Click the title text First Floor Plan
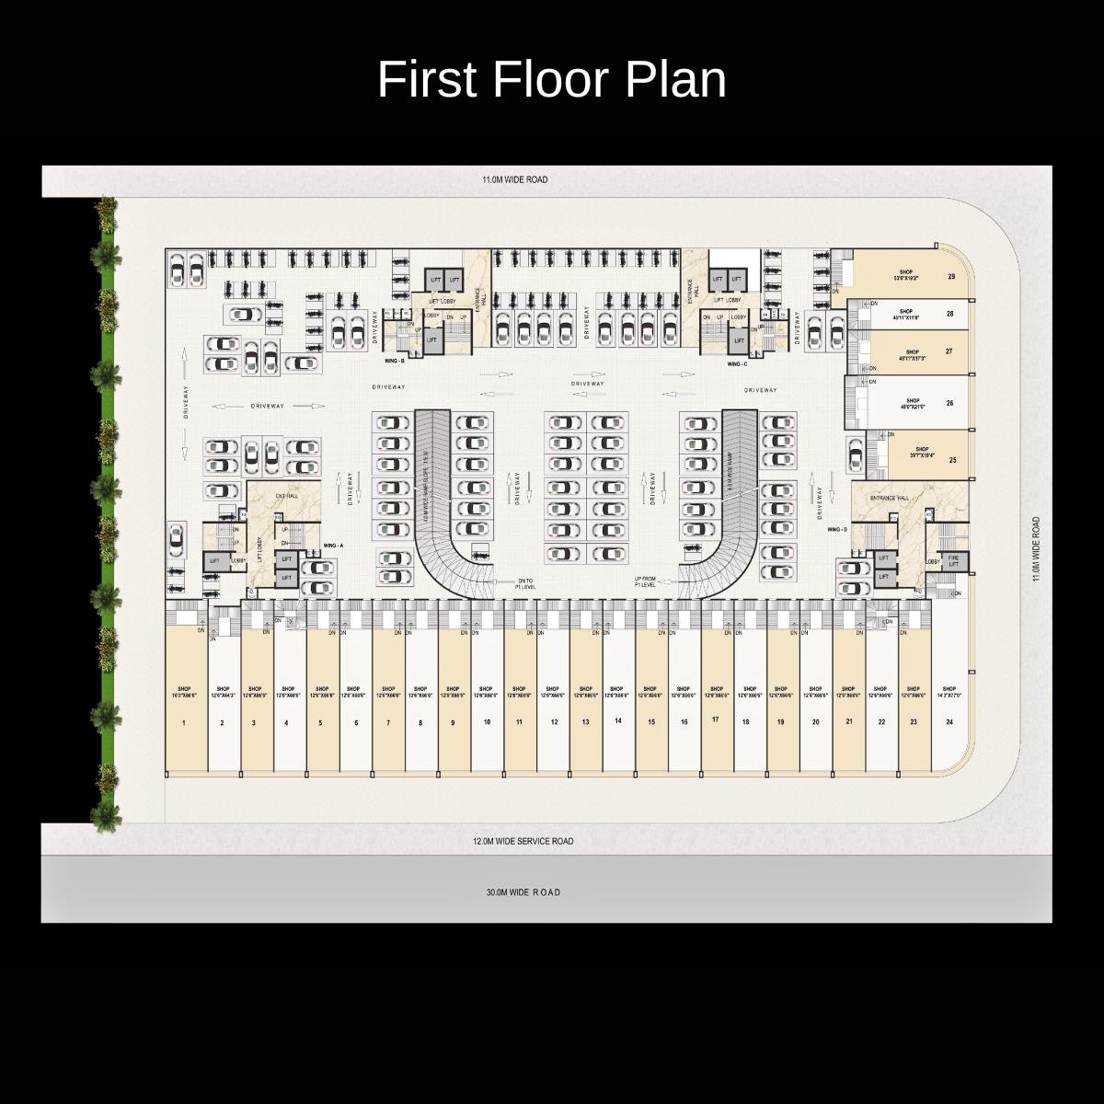552,79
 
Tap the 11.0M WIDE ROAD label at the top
515,179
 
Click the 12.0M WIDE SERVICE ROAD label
523,841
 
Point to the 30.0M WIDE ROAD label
523,892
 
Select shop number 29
950,276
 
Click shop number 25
952,460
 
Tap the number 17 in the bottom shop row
715,719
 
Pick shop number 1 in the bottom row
184,723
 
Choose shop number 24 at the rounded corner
949,722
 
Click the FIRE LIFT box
953,559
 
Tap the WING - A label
333,546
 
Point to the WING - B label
394,361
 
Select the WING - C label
737,364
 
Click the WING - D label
837,530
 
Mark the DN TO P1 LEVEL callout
525,583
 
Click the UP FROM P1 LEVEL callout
645,581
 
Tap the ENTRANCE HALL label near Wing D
890,498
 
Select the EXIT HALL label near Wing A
287,496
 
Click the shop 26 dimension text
913,406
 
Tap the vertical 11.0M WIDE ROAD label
1036,549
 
